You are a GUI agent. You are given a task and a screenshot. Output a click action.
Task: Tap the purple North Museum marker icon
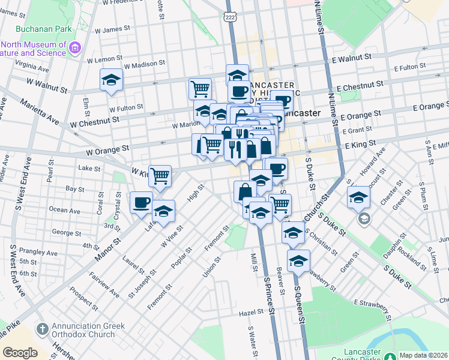click(75, 47)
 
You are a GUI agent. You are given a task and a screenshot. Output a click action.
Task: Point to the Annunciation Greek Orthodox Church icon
click(41, 329)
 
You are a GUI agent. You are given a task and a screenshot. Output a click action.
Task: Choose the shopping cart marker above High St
click(160, 176)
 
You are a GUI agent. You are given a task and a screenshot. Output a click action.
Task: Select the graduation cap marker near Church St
click(358, 197)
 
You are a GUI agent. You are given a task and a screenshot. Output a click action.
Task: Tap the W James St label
click(109, 29)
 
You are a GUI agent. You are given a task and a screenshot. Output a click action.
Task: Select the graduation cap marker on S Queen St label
click(298, 260)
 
